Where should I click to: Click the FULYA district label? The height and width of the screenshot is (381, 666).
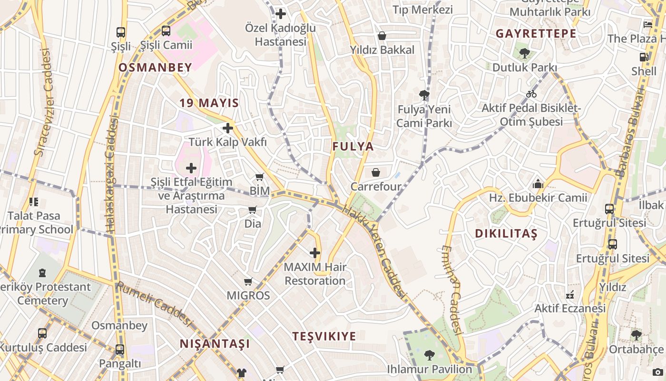point(353,147)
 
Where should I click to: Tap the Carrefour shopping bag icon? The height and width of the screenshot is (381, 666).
point(376,172)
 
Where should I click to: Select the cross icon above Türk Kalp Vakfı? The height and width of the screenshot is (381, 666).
point(228,128)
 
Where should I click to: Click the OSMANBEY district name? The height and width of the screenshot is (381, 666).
point(155,68)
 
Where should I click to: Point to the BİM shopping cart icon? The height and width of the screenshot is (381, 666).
point(260,178)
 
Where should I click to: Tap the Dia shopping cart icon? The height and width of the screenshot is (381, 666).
point(252,210)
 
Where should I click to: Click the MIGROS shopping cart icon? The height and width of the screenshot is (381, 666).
point(248,282)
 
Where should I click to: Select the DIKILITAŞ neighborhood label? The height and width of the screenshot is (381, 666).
point(506,234)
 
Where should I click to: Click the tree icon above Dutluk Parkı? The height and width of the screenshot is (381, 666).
point(525,53)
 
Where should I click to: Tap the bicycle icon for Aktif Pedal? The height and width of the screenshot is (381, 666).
point(531,94)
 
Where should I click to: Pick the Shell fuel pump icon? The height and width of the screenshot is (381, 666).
point(644,57)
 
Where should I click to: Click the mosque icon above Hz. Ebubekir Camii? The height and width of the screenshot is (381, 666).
point(538,184)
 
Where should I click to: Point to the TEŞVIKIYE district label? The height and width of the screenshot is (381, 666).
point(324,337)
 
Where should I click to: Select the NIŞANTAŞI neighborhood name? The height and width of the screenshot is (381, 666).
point(215,344)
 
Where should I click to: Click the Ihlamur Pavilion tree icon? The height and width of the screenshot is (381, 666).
point(429,355)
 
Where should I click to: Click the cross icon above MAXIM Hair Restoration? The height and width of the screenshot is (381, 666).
point(315,253)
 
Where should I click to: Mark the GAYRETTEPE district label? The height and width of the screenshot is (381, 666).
point(536,34)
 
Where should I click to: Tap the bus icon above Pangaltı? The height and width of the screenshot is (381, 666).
point(120,350)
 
